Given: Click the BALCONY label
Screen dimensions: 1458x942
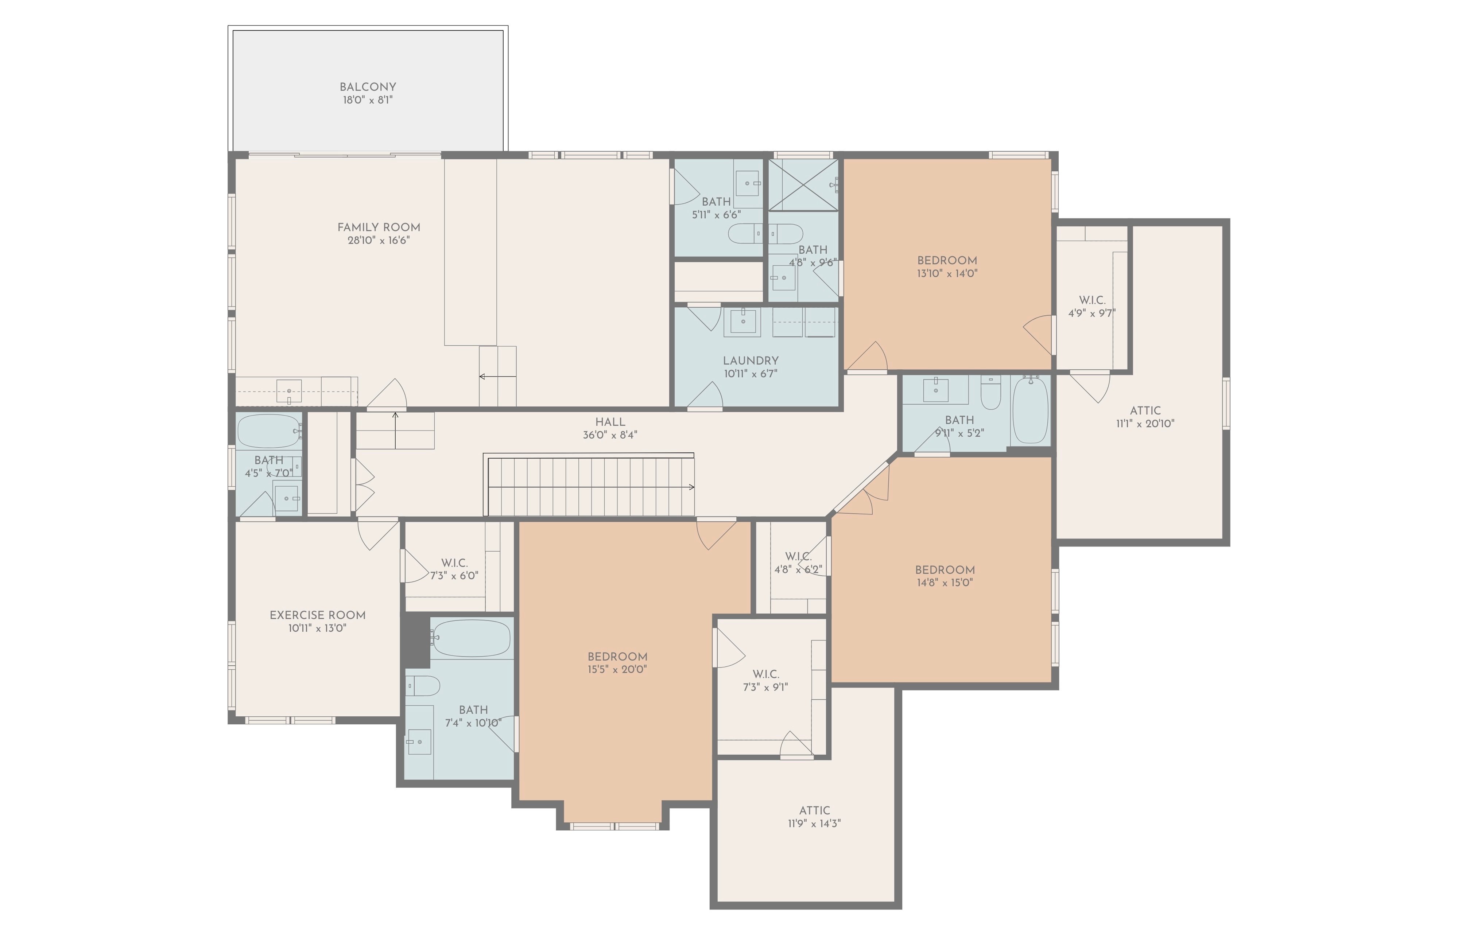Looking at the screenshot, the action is tap(368, 87).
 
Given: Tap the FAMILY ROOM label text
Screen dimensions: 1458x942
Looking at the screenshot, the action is tap(379, 227).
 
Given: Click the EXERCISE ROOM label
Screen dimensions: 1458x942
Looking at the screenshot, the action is tap(318, 615).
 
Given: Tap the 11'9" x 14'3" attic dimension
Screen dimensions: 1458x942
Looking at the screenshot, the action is tap(814, 823).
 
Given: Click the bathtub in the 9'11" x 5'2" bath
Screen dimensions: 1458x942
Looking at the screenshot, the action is tap(1030, 409).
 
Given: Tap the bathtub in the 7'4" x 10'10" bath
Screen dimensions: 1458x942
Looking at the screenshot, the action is tap(471, 638).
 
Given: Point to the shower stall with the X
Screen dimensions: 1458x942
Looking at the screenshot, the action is tap(803, 185).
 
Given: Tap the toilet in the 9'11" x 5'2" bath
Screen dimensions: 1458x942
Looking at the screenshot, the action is tap(990, 392).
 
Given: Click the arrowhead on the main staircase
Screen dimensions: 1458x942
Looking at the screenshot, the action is tap(691, 487).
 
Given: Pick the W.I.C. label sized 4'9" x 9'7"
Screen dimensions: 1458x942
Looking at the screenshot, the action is tap(1092, 300).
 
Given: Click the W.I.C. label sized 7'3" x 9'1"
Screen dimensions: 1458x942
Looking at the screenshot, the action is tap(765, 674).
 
